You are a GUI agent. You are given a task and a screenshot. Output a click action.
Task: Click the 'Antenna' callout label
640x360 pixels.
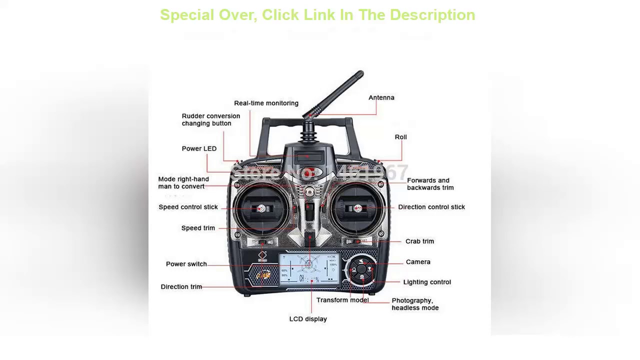coord(381,97)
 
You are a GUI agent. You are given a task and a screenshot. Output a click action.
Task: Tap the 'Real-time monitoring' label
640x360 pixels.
coord(266,103)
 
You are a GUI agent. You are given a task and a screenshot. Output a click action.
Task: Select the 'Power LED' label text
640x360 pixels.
coord(199,148)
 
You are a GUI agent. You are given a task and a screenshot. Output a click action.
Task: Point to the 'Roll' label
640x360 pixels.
coord(400,137)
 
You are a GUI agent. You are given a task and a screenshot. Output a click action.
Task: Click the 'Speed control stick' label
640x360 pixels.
coord(188,207)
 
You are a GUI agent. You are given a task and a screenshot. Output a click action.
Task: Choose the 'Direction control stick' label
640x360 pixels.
coord(431,207)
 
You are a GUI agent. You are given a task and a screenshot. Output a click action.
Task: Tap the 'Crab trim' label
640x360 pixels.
coord(419,241)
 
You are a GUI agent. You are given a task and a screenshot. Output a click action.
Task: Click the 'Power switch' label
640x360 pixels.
coord(186,264)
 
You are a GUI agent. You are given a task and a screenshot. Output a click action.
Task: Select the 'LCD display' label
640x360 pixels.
coord(308,319)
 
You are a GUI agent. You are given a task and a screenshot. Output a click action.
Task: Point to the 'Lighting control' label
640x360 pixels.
coord(427,282)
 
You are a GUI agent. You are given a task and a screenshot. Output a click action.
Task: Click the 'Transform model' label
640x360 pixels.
coord(342,300)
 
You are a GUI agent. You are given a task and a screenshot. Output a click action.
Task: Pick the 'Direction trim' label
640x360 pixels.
coord(181,287)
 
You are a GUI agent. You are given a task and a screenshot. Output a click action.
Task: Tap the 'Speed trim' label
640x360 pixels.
coord(198,228)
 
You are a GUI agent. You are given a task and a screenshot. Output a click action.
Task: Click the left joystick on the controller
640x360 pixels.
coord(260,208)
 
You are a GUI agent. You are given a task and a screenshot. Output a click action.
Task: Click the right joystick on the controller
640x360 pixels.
coord(358,208)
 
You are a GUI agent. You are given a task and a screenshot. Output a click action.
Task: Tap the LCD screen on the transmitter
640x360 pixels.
coord(309,270)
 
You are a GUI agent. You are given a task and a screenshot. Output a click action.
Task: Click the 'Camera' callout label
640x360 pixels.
coord(418,262)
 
